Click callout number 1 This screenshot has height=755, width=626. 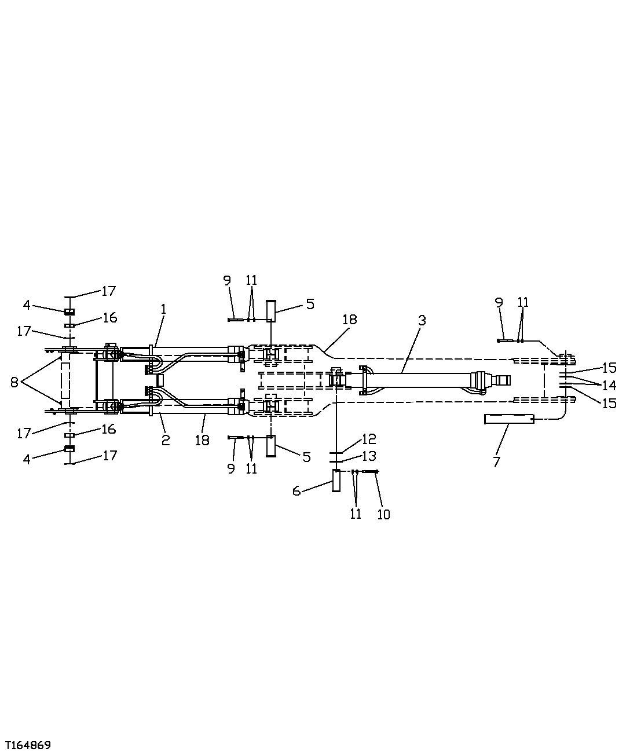163,309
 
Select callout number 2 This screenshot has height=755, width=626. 166,441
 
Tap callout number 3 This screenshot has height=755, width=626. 422,321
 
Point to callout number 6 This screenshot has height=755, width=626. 296,491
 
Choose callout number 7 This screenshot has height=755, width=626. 496,461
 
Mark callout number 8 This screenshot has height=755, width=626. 14,382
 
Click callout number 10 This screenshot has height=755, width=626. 383,514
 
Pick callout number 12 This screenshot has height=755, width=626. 369,439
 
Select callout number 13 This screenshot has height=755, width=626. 369,456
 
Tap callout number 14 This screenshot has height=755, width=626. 609,385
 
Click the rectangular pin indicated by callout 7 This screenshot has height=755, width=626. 509,419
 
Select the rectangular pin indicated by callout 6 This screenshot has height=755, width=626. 336,481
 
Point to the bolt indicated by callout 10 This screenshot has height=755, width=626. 370,471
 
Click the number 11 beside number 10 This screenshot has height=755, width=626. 356,514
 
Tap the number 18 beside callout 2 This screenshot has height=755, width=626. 202,441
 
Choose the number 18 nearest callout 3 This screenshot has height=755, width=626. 349,320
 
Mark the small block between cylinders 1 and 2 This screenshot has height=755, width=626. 160,380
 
